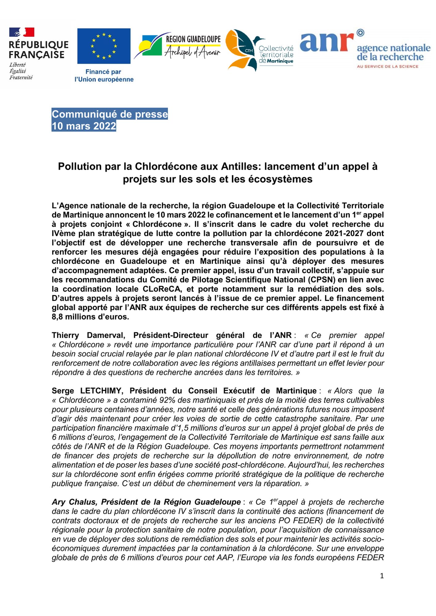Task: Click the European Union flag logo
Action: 104,46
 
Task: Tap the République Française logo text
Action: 39,50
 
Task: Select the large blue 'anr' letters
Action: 327,42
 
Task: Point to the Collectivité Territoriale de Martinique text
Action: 276,55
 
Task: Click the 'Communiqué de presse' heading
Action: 110,114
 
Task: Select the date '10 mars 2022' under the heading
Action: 84,126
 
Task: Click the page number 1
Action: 382,576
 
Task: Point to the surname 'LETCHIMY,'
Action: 102,391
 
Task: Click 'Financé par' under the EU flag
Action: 103,72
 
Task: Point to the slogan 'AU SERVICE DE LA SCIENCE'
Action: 387,66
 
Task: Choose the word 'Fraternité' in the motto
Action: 21,78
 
